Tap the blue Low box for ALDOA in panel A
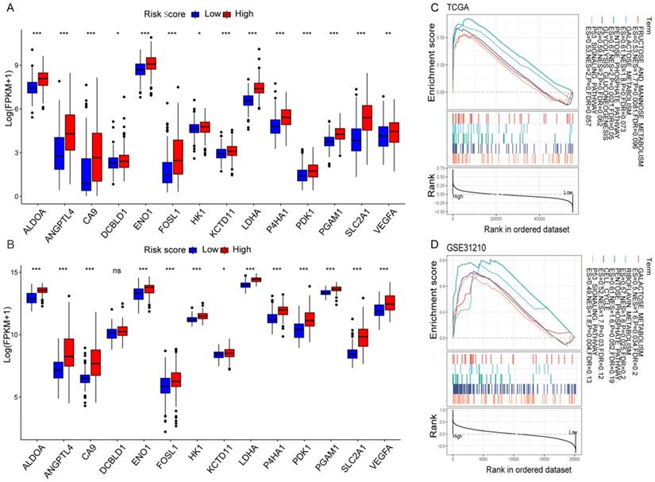tap(33, 87)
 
